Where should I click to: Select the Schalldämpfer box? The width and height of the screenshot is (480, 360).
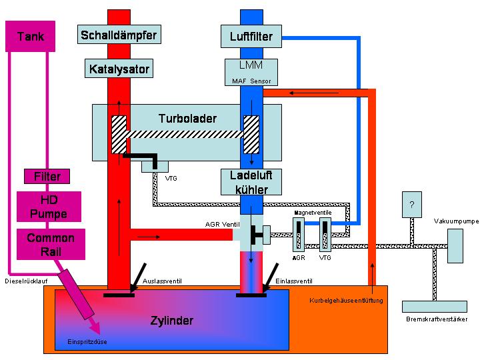[x=121, y=34]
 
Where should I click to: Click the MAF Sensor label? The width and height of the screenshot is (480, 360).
[x=251, y=81]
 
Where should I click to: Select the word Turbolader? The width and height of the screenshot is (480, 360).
[x=187, y=118]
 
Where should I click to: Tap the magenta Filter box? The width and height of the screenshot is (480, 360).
[x=47, y=177]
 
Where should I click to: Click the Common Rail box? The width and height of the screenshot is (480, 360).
[x=50, y=244]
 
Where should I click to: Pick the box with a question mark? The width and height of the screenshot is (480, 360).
[x=411, y=205]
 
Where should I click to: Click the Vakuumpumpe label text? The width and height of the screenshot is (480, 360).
[x=455, y=221]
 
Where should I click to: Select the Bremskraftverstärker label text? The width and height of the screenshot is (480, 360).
[x=437, y=319]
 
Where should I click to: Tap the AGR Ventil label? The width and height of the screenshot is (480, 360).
[x=221, y=225]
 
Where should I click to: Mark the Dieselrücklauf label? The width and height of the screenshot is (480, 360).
[x=26, y=281]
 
